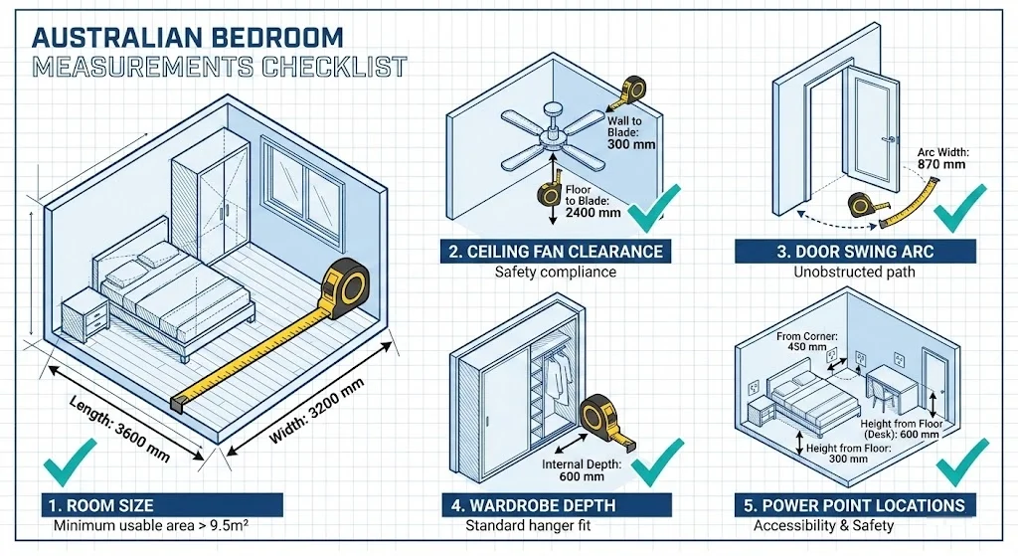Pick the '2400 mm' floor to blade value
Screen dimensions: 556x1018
coord(593,212)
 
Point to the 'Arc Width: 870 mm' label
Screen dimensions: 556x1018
coord(941,162)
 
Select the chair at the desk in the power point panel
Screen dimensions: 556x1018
coord(882,393)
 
